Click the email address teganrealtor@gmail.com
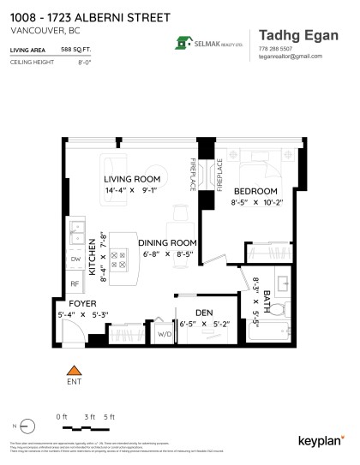[x=289, y=57]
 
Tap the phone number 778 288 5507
[x=275, y=49]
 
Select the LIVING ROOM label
[x=132, y=179]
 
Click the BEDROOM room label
[x=255, y=190]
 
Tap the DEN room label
[x=202, y=312]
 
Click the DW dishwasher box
[x=75, y=259]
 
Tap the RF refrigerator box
[x=75, y=282]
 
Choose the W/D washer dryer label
[x=163, y=335]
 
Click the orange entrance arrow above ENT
[x=73, y=370]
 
